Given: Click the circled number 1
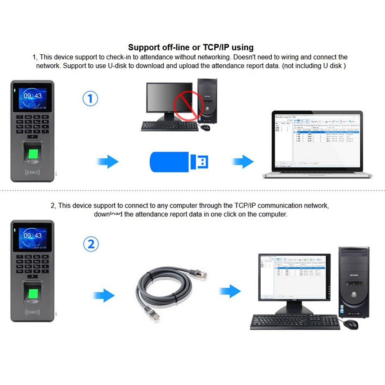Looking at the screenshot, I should (x=90, y=98).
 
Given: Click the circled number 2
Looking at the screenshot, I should (x=91, y=244).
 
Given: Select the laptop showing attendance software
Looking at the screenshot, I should (x=317, y=144).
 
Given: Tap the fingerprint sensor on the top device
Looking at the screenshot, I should (x=32, y=151).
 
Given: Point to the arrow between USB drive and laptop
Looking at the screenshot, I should (x=242, y=161).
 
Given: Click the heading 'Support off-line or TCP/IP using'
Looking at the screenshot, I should (x=191, y=47).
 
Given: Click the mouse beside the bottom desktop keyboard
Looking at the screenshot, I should (x=350, y=324).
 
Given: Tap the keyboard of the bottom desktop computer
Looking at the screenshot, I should (x=295, y=322).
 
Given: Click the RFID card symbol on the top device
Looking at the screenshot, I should (x=33, y=172).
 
